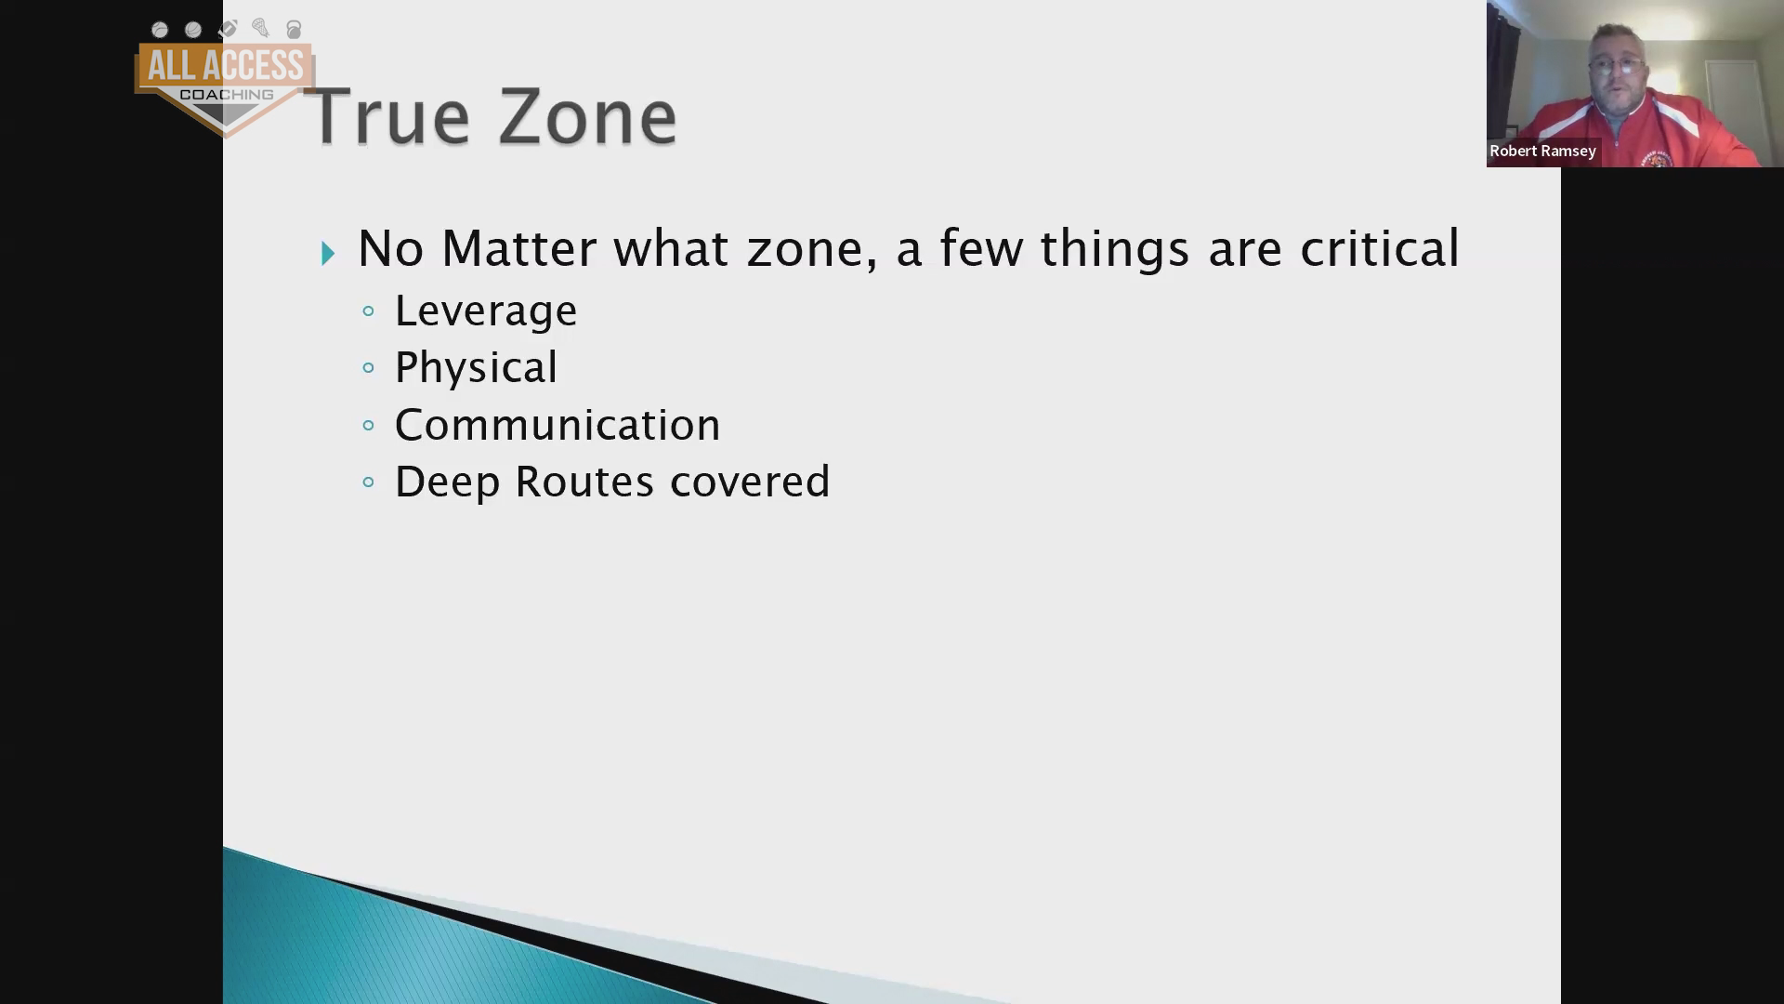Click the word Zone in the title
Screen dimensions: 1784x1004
587,116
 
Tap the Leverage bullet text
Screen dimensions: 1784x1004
486,311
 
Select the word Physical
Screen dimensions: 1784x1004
476,367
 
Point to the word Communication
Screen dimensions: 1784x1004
557,425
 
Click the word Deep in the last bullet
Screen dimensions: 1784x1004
448,482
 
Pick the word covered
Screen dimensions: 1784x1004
750,482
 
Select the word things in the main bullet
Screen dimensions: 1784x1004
1114,250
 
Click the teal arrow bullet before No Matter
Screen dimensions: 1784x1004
328,253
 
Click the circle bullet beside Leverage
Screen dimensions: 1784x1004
369,311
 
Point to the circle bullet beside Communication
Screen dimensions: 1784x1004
369,426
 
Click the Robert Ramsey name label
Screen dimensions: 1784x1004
1542,151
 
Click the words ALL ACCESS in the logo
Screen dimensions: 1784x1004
225,66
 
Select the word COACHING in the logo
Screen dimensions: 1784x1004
226,95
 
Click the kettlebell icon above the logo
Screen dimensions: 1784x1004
294,30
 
